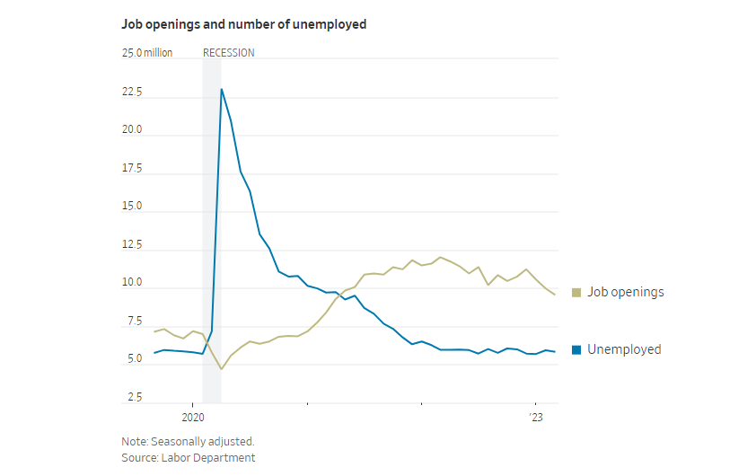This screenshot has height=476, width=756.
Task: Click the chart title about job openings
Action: [244, 25]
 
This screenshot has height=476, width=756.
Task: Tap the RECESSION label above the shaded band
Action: [228, 53]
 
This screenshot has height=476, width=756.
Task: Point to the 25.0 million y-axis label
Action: [147, 53]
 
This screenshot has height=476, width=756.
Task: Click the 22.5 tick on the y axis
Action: [132, 92]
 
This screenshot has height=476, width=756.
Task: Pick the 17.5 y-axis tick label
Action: [132, 168]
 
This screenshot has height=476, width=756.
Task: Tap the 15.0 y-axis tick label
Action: [132, 207]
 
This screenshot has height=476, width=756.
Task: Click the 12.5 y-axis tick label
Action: [132, 244]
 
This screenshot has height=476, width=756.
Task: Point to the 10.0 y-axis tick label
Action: [132, 283]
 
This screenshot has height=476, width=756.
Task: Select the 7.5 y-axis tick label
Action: [135, 322]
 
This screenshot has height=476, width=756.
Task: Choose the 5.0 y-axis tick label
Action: [135, 359]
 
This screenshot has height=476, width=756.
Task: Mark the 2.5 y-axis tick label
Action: [135, 398]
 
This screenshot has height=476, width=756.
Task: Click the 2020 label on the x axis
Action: [194, 418]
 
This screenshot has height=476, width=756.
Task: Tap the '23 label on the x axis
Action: [535, 418]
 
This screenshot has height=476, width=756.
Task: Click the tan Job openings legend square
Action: [577, 292]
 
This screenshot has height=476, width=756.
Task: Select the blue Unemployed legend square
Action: [577, 349]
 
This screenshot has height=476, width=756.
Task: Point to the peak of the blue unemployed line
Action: [222, 89]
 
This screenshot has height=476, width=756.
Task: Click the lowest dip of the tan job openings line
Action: [221, 369]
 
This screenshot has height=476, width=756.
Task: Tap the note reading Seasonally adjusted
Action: [188, 442]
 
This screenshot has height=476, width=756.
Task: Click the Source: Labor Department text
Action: [189, 458]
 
